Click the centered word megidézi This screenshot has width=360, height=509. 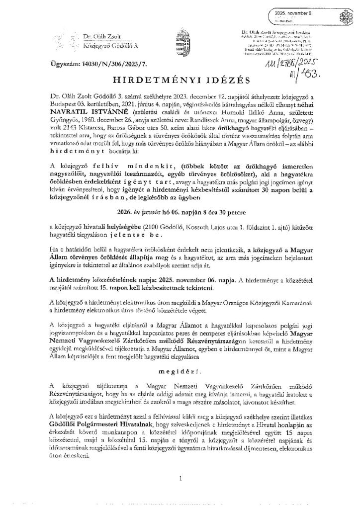pyautogui.click(x=180, y=385)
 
